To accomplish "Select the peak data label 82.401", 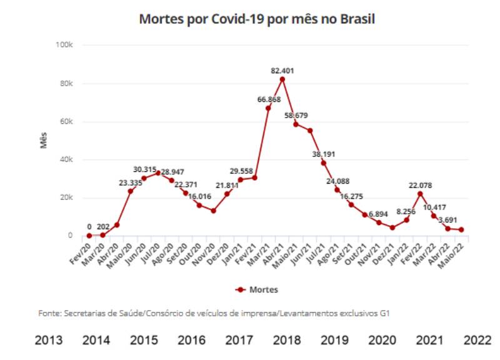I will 282,71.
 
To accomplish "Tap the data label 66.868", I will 269,99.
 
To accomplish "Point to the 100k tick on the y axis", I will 65,45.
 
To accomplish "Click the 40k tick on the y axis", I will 67,159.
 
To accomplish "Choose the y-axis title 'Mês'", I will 44,141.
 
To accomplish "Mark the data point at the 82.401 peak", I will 282,79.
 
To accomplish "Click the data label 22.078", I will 420,185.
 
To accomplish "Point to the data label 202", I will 104,226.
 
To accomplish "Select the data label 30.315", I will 145,169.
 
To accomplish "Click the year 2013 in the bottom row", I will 48,340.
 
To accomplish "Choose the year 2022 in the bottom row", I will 477,340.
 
